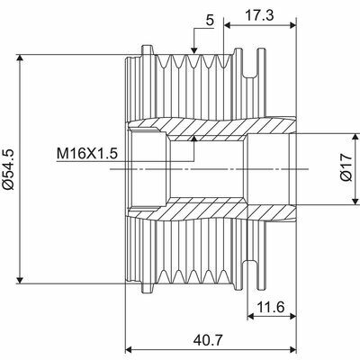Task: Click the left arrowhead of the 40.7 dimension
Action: (x=130, y=346)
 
